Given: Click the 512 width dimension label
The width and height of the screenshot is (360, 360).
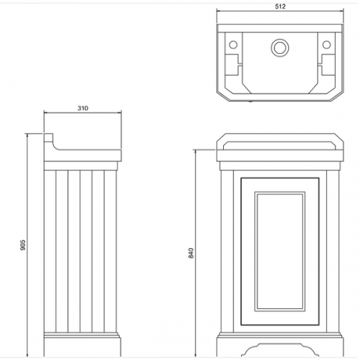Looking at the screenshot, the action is click(280, 6).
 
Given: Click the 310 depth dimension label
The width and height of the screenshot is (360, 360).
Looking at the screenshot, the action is click(83, 108).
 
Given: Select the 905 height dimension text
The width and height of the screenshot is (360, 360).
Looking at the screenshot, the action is click(23, 245).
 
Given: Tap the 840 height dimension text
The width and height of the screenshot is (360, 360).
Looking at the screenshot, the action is click(191, 253).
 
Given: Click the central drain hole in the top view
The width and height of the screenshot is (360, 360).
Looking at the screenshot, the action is click(280, 48).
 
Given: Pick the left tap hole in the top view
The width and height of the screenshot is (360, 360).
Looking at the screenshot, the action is click(233, 45).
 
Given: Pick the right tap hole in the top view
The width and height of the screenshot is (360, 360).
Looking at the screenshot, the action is click(326, 45).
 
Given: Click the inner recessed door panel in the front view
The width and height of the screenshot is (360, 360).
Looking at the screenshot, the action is click(280, 252).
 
